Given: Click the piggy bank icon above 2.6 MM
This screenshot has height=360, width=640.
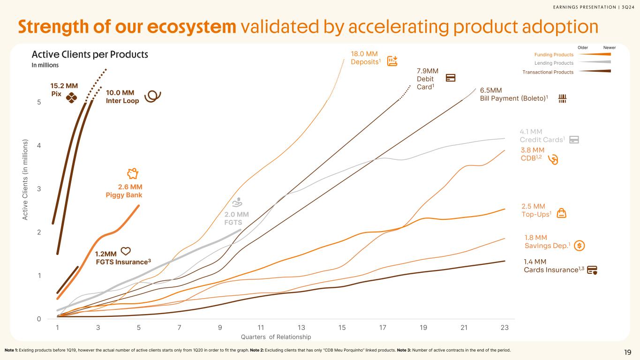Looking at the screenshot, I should click(133, 173).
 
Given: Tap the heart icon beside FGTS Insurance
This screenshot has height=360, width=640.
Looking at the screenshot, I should click(126, 251).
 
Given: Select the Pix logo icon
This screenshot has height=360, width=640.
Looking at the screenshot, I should click(71, 97).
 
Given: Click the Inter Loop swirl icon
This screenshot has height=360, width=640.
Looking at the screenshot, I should click(153, 96).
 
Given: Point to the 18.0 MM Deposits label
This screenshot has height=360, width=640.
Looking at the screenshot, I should click(364, 59).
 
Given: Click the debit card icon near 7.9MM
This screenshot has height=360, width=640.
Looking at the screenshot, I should click(451, 78).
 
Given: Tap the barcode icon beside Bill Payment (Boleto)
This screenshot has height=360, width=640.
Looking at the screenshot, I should click(563, 98).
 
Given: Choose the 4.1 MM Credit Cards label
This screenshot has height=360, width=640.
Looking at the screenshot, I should click(541, 136).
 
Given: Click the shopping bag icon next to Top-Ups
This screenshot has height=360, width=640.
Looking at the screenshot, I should click(561, 214).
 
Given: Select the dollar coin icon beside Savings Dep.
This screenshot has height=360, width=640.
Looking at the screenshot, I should click(579, 245).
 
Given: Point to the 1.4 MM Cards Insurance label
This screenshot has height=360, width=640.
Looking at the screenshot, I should click(553, 266).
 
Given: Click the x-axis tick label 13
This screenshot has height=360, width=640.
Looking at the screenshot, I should click(301, 328).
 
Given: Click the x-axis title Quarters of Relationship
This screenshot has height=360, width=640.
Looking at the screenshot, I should click(276, 337).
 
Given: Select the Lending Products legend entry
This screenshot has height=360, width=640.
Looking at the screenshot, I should click(554, 63).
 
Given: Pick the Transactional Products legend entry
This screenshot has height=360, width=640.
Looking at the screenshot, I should click(548, 72).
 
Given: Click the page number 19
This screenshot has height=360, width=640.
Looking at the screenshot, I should click(627, 352).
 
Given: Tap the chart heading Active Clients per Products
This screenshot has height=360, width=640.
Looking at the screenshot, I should click(90, 54).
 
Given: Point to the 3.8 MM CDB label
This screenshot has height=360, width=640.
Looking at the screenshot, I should click(533, 153).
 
